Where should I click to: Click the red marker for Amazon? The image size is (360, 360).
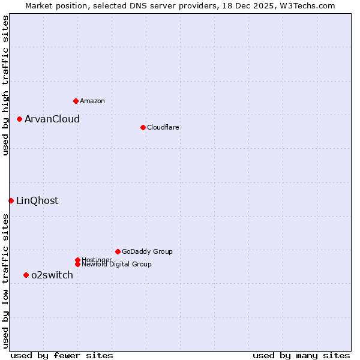click(x=76, y=101)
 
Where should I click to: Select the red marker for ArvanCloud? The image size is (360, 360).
click(x=19, y=119)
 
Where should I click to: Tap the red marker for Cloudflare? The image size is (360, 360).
click(x=143, y=127)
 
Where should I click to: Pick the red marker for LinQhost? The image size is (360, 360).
click(x=11, y=200)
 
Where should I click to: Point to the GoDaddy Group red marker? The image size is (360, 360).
click(x=118, y=251)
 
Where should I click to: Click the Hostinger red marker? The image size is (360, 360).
click(x=77, y=260)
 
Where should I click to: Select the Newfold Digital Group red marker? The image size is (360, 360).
click(x=77, y=264)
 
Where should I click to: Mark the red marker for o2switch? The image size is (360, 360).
click(x=26, y=275)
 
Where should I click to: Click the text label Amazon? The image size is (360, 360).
click(x=92, y=101)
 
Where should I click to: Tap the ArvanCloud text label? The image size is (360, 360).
click(x=52, y=119)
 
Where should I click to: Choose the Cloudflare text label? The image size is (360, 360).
click(x=163, y=127)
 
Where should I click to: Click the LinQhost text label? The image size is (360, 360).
click(x=37, y=200)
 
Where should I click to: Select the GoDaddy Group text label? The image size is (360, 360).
click(x=147, y=251)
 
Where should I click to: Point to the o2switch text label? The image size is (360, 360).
click(x=52, y=275)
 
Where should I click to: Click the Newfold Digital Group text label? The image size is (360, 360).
click(x=117, y=264)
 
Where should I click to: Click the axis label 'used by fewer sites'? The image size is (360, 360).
click(x=62, y=355)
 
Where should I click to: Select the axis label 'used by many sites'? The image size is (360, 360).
click(x=301, y=355)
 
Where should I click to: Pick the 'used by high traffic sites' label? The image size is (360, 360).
click(x=5, y=85)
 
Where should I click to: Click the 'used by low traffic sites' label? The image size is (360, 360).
click(x=5, y=281)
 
